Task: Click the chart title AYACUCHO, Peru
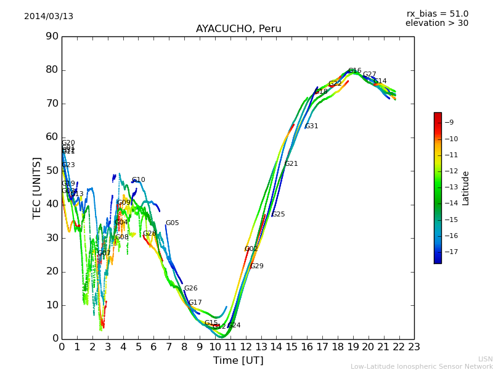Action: point(238,29)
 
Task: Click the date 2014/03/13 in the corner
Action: point(49,17)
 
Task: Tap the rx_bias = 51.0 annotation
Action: point(437,14)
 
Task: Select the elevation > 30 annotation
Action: point(436,23)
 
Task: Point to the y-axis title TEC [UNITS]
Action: point(37,187)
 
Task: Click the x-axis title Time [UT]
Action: point(238,361)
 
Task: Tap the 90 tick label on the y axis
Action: point(52,36)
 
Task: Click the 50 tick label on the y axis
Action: point(52,171)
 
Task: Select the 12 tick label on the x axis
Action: point(245,347)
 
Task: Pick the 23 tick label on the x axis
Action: point(414,347)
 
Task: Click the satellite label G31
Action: point(312,126)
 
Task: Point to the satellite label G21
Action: point(291,164)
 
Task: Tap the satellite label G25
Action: point(279,215)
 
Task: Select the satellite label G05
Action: point(172,223)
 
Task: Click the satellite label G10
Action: point(139,180)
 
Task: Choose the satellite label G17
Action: point(195,303)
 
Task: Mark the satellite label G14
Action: point(380,81)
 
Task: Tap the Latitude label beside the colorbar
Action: point(466,188)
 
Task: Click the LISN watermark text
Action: point(485,359)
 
